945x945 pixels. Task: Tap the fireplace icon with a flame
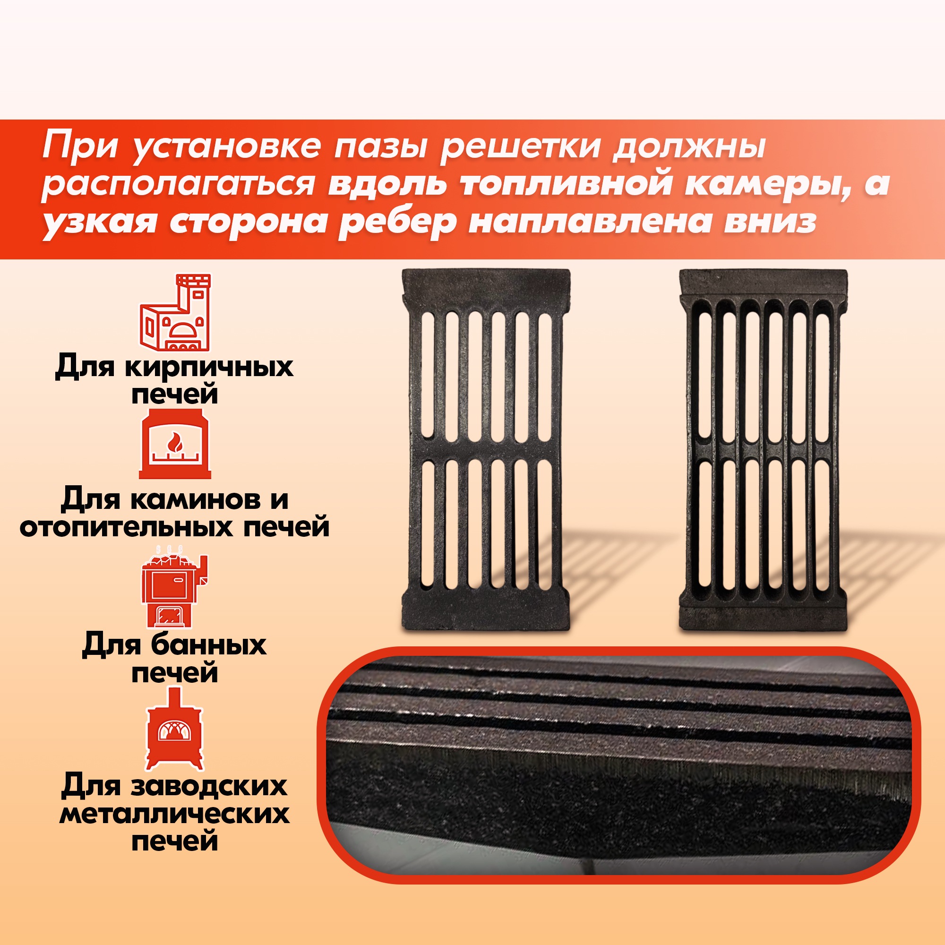point(175,444)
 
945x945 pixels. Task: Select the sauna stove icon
point(175,586)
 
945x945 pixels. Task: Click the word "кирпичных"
point(209,367)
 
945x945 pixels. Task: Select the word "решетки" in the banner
point(521,147)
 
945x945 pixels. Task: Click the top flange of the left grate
point(486,286)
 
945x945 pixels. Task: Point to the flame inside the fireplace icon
point(175,443)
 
